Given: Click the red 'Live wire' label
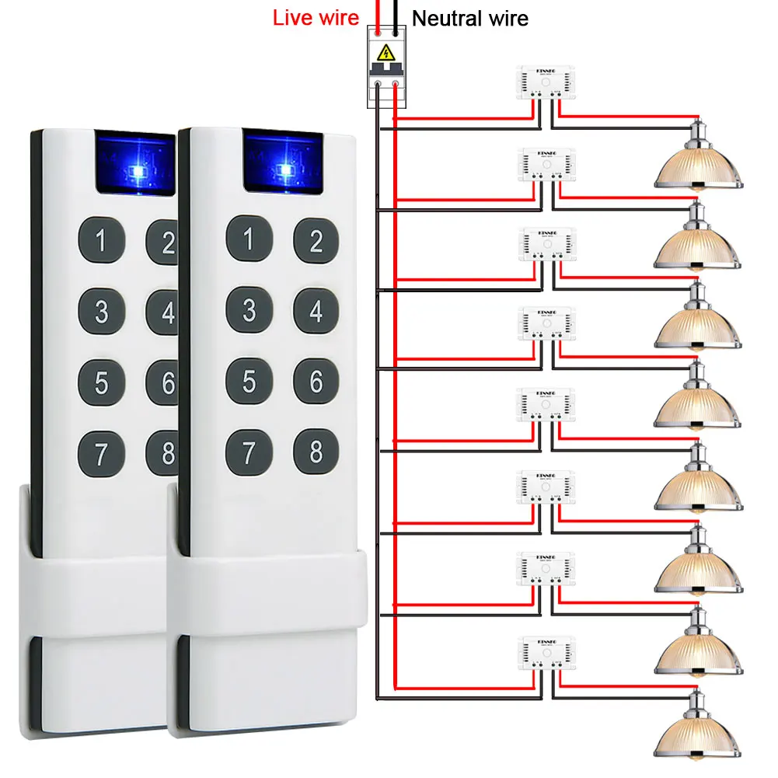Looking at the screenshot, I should [316, 18].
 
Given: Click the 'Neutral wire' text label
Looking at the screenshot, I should [469, 18].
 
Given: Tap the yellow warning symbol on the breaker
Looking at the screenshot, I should [384, 53].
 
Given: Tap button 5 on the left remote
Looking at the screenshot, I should [101, 382].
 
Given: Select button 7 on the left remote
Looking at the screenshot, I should [101, 452].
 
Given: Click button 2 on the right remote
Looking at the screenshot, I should [316, 241].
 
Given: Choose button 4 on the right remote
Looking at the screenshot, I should [316, 311].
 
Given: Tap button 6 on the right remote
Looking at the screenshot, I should [316, 381].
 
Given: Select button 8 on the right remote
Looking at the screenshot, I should [316, 451].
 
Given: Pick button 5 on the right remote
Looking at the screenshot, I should [249, 381].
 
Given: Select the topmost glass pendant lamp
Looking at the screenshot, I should [699, 159].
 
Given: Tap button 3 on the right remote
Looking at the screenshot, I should [249, 311].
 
